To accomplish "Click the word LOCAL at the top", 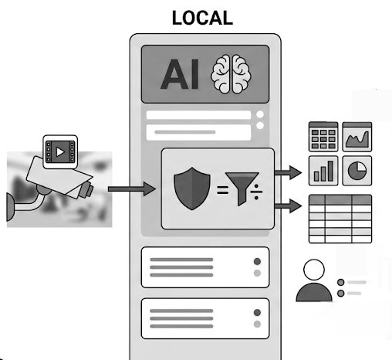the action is (202, 18).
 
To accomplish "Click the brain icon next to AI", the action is (231, 74).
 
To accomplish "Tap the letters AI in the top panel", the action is (180, 74).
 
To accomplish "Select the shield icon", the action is (192, 188).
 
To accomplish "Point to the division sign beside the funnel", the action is (256, 192).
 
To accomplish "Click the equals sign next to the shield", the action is (222, 190).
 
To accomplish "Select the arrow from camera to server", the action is (132, 189).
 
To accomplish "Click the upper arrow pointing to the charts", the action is (288, 172).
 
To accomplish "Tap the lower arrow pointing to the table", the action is (288, 205).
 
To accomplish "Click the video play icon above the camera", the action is (60, 152).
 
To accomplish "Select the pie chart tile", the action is (357, 171).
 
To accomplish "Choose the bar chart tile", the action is (323, 171).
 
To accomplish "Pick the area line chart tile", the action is (357, 137).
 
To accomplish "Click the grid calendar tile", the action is (323, 137).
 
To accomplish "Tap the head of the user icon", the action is (314, 270).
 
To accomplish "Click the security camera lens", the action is (87, 190).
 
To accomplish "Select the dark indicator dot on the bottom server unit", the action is (257, 312).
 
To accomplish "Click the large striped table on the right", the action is (340, 219).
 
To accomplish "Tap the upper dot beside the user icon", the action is (341, 282).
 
